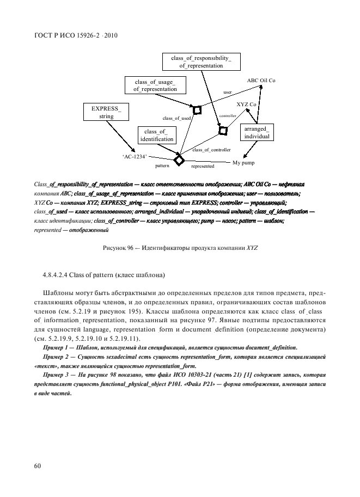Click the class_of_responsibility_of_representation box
click(x=201, y=62)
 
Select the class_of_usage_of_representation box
click(x=154, y=85)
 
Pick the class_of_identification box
click(x=157, y=135)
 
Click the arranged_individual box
click(x=257, y=132)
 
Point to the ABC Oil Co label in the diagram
click(x=261, y=80)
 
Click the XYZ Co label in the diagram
click(x=246, y=103)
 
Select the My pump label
click(x=243, y=163)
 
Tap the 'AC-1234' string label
click(x=135, y=156)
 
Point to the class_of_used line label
click(x=176, y=118)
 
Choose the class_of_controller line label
click(x=211, y=149)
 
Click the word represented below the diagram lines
click(x=203, y=166)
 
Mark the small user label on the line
click(x=228, y=93)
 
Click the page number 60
click(x=38, y=465)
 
